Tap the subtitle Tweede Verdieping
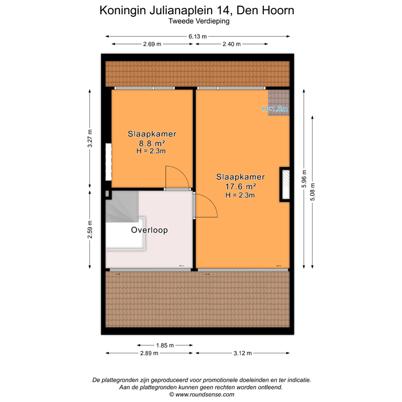pos(199,21)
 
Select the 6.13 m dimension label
pos(198,36)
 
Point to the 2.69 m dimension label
pos(152,44)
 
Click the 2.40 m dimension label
pos(231,44)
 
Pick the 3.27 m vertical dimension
pos(90,139)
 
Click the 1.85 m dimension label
pos(165,345)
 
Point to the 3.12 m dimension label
pos(241,353)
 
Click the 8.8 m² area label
pos(151,142)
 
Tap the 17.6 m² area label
pos(240,186)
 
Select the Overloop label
pos(150,230)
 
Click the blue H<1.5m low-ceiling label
pos(275,109)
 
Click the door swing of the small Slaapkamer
pos(176,177)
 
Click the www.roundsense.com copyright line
pos(201,395)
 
